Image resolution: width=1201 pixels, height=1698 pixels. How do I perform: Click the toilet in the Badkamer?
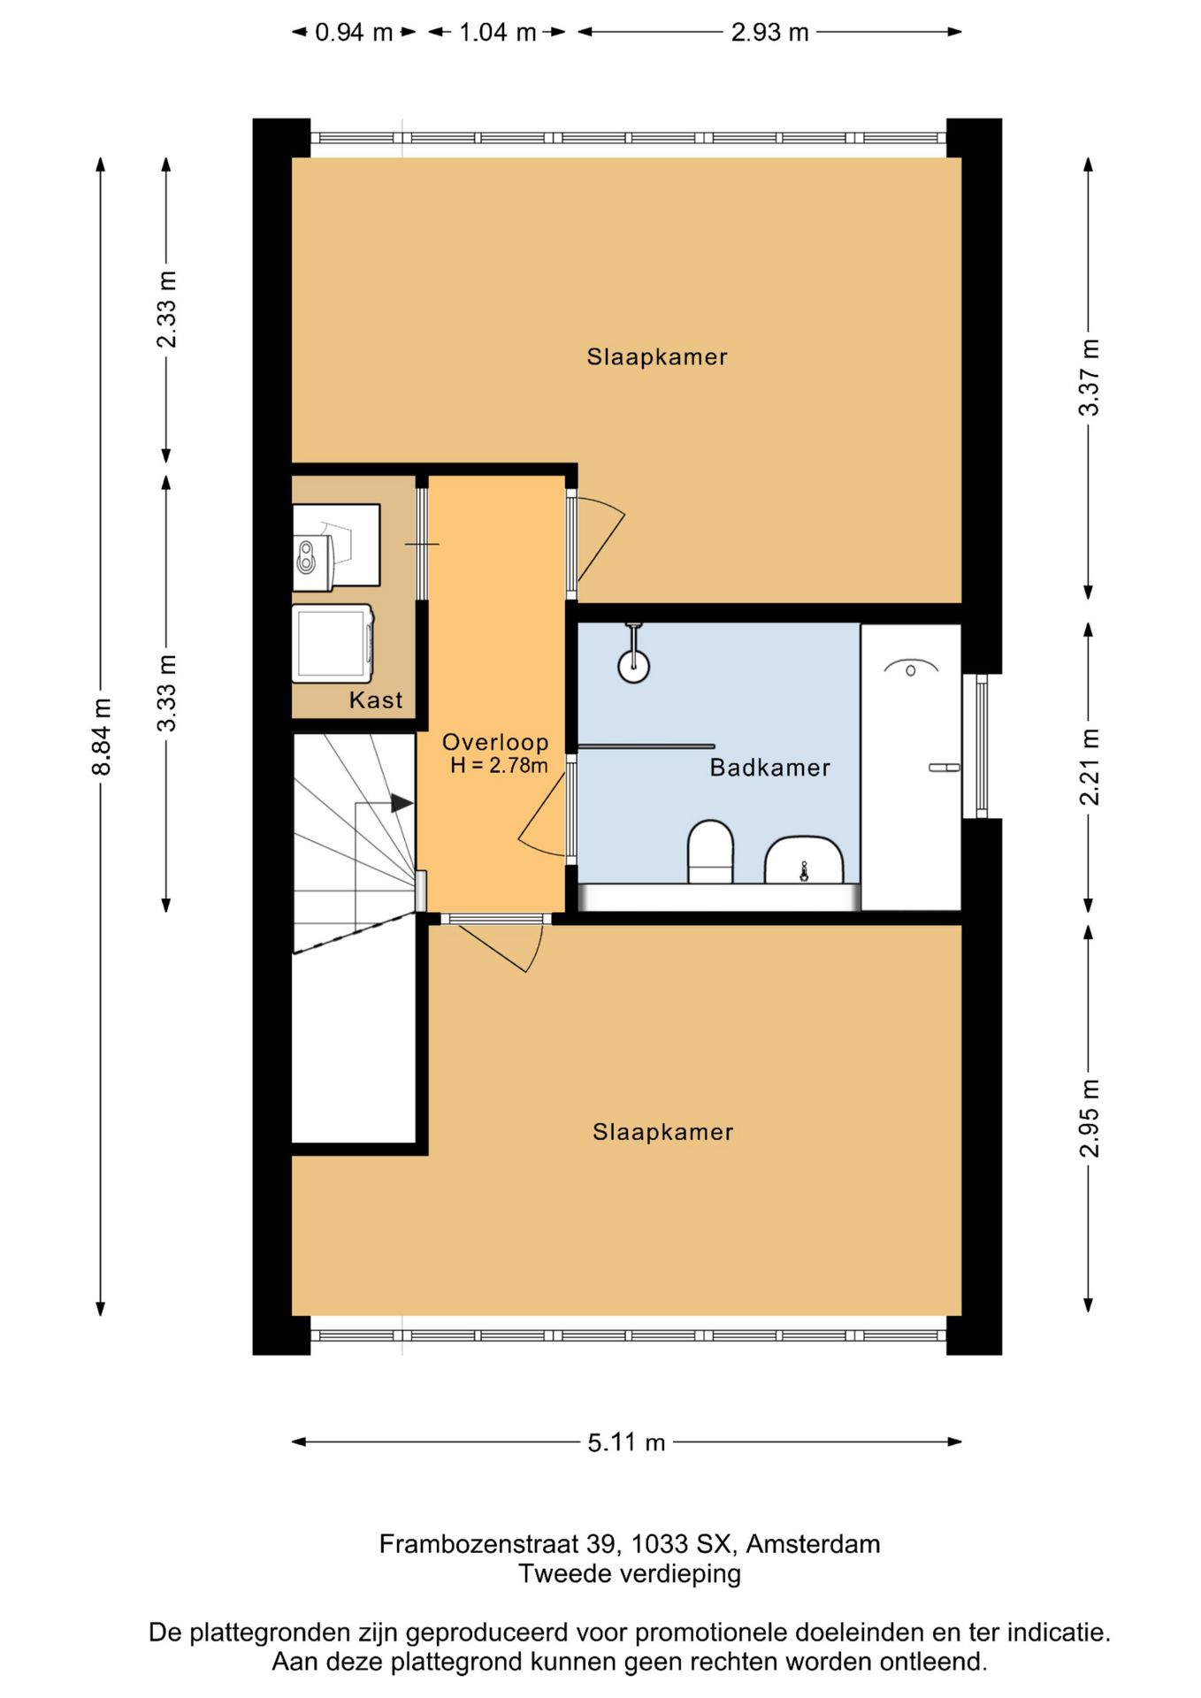710,852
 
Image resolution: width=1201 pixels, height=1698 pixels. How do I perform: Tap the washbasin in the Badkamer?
804,860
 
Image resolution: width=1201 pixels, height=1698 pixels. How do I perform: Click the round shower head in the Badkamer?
634,666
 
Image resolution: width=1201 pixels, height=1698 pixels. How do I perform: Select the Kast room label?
376,700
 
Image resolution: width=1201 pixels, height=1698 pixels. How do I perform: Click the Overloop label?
495,742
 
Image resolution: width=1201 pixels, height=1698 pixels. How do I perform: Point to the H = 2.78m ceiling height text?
499,766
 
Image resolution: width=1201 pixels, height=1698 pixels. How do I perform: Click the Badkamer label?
770,767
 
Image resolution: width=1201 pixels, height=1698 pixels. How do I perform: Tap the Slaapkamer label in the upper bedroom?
657,356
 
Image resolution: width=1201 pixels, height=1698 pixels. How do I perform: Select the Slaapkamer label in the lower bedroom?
663,1132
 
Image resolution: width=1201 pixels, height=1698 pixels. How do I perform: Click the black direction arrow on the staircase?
402,803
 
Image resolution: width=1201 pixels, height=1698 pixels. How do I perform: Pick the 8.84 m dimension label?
102,737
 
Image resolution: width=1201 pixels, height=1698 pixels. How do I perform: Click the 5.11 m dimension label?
626,1442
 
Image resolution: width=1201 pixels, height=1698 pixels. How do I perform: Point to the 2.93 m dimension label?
770,33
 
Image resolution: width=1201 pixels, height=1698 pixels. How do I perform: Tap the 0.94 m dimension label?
354,33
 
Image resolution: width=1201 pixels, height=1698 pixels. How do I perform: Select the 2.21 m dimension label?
1090,767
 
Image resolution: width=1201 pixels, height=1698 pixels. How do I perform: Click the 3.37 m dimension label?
1090,377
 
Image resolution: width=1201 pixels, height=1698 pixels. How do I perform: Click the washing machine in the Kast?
333,644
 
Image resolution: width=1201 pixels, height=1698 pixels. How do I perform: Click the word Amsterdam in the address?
813,1544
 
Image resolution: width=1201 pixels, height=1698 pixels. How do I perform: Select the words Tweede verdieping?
630,1574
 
